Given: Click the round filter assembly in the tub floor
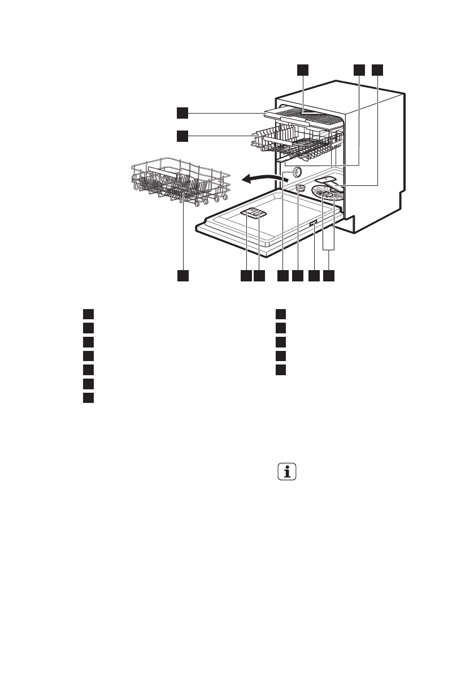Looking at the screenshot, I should [329, 197].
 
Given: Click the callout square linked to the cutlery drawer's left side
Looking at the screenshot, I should [181, 113].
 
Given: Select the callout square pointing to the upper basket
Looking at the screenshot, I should [181, 136].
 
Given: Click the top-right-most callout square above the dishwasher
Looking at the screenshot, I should [377, 70].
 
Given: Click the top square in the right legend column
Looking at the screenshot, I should [281, 314].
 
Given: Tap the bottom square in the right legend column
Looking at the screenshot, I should [281, 370].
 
